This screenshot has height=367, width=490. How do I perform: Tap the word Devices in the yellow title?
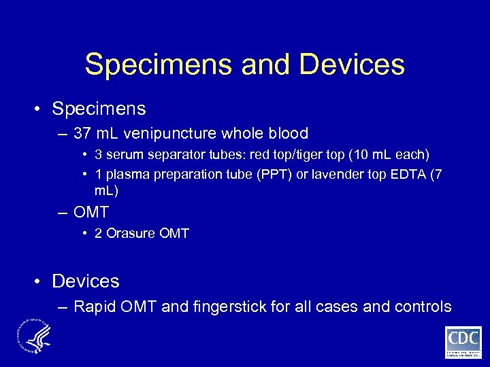[x=351, y=65]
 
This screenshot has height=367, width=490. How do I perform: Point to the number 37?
[x=84, y=134]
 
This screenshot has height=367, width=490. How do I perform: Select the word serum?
[x=122, y=156]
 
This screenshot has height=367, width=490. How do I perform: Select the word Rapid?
[x=95, y=307]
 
